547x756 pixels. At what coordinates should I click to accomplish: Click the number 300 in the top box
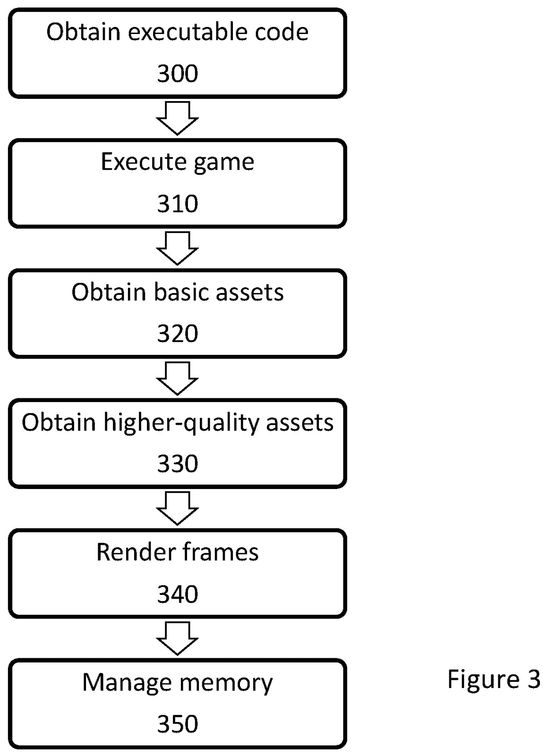point(177,74)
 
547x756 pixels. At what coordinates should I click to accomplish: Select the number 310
point(177,204)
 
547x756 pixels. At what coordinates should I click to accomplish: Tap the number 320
point(177,334)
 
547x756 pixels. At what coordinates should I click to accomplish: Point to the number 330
point(177,464)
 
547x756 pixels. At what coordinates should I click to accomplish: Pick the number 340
point(177,594)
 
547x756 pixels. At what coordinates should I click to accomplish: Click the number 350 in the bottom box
point(177,724)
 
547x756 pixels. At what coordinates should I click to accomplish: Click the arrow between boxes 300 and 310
point(177,118)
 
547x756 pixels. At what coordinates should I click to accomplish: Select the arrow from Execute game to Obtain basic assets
point(177,248)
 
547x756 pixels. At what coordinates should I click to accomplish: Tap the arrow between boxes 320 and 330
point(177,378)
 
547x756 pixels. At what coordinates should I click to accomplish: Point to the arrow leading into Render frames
point(177,508)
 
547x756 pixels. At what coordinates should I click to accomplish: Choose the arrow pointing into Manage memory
point(177,638)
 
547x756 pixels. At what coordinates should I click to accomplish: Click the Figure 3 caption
point(493,679)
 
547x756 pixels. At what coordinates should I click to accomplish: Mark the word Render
point(130,552)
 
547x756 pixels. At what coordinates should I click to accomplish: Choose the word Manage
point(126,683)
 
